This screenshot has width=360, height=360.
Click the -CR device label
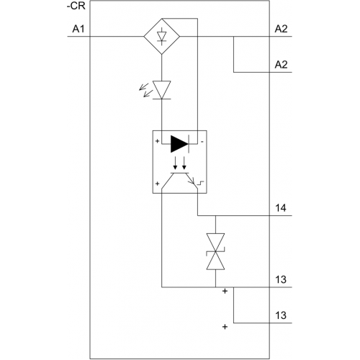[x=76, y=6]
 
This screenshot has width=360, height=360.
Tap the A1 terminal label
[x=78, y=29]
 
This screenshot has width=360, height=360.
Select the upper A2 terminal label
[x=281, y=29]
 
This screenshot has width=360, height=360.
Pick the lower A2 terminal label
[x=281, y=65]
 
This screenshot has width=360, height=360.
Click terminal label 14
[x=281, y=208]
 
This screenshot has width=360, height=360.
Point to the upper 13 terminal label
[x=281, y=279]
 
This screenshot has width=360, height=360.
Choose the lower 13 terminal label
[x=281, y=315]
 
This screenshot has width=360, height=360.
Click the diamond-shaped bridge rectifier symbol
[x=162, y=37]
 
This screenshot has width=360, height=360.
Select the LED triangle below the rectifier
[x=162, y=90]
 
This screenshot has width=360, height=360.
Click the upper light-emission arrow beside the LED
[x=143, y=86]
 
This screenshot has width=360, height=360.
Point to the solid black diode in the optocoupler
[x=180, y=144]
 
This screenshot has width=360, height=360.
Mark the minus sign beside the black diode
[x=202, y=142]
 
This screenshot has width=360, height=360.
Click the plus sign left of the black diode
[x=157, y=141]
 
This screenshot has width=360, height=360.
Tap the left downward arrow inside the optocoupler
[x=176, y=163]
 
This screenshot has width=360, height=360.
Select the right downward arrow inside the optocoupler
[x=184, y=163]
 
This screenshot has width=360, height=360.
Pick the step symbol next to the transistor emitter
[x=200, y=184]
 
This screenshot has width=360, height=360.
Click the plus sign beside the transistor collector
[x=157, y=184]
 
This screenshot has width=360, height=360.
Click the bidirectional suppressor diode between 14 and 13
[x=215, y=251]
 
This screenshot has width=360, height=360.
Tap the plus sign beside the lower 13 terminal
[x=225, y=327]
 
